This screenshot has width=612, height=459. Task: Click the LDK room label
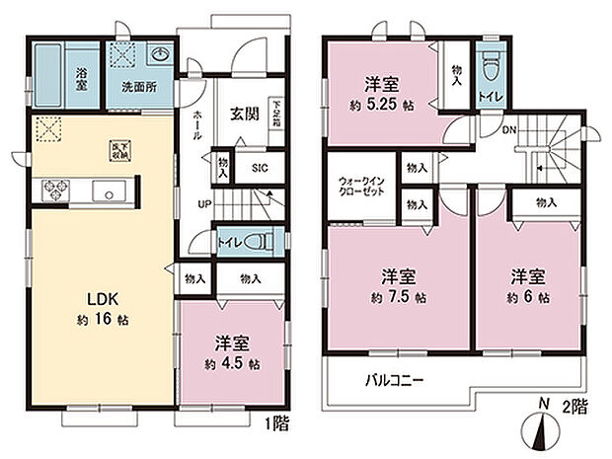pos(101,298)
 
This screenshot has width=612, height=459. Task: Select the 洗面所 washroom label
pos(138,87)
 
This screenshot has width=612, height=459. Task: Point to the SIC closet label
pos(258,168)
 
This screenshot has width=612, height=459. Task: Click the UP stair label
pos(204,204)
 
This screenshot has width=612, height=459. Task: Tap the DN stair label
pos(509,129)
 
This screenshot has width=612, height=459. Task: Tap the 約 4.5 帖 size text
pos(233,363)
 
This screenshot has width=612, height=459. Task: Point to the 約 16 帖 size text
pos(103,321)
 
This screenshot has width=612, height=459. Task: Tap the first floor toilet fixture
pos(253,241)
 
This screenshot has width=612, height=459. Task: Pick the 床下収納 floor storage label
pos(117,149)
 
